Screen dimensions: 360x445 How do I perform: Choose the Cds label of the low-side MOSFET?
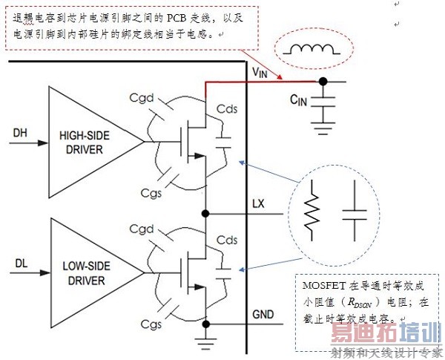(x=227, y=240)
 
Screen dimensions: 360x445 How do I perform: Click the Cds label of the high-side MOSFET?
(x=227, y=108)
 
